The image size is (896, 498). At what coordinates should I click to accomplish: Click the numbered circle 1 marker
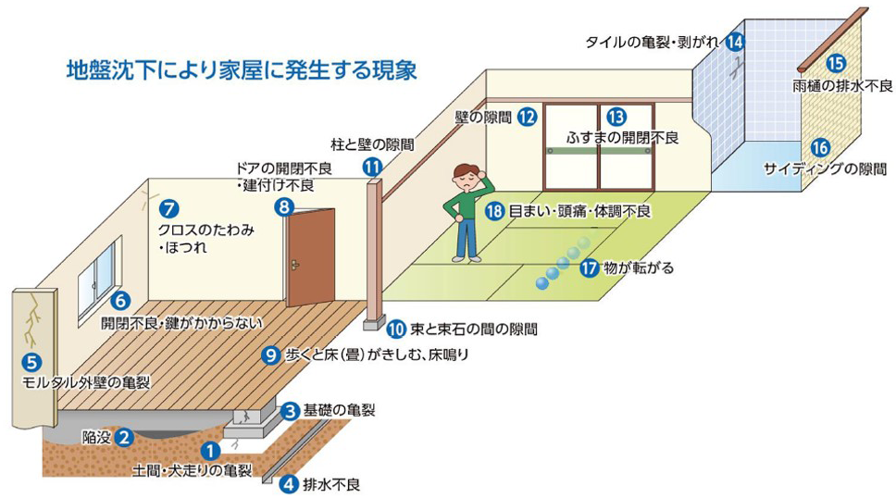click(x=211, y=451)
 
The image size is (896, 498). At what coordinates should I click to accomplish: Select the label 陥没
click(x=96, y=436)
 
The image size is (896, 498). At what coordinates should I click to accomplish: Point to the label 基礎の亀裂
click(x=340, y=409)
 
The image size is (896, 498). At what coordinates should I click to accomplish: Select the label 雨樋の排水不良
click(x=842, y=85)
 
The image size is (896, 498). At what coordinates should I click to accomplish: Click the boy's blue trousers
click(x=468, y=239)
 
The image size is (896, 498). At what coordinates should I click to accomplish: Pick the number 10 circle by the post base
click(x=396, y=327)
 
